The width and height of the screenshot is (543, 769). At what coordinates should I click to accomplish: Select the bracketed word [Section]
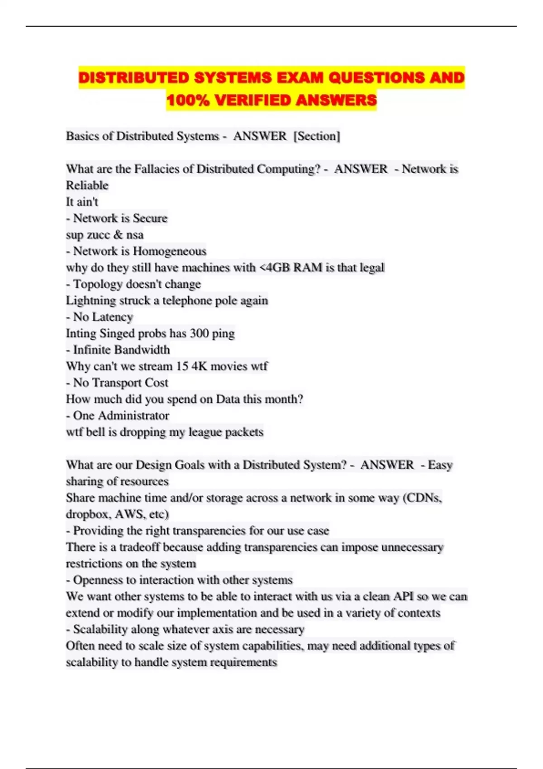point(317,136)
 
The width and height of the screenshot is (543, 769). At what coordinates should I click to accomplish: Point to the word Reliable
point(87,185)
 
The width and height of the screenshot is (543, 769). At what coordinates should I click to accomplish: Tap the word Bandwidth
point(143,350)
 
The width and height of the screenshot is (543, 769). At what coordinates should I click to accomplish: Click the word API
point(403,597)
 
